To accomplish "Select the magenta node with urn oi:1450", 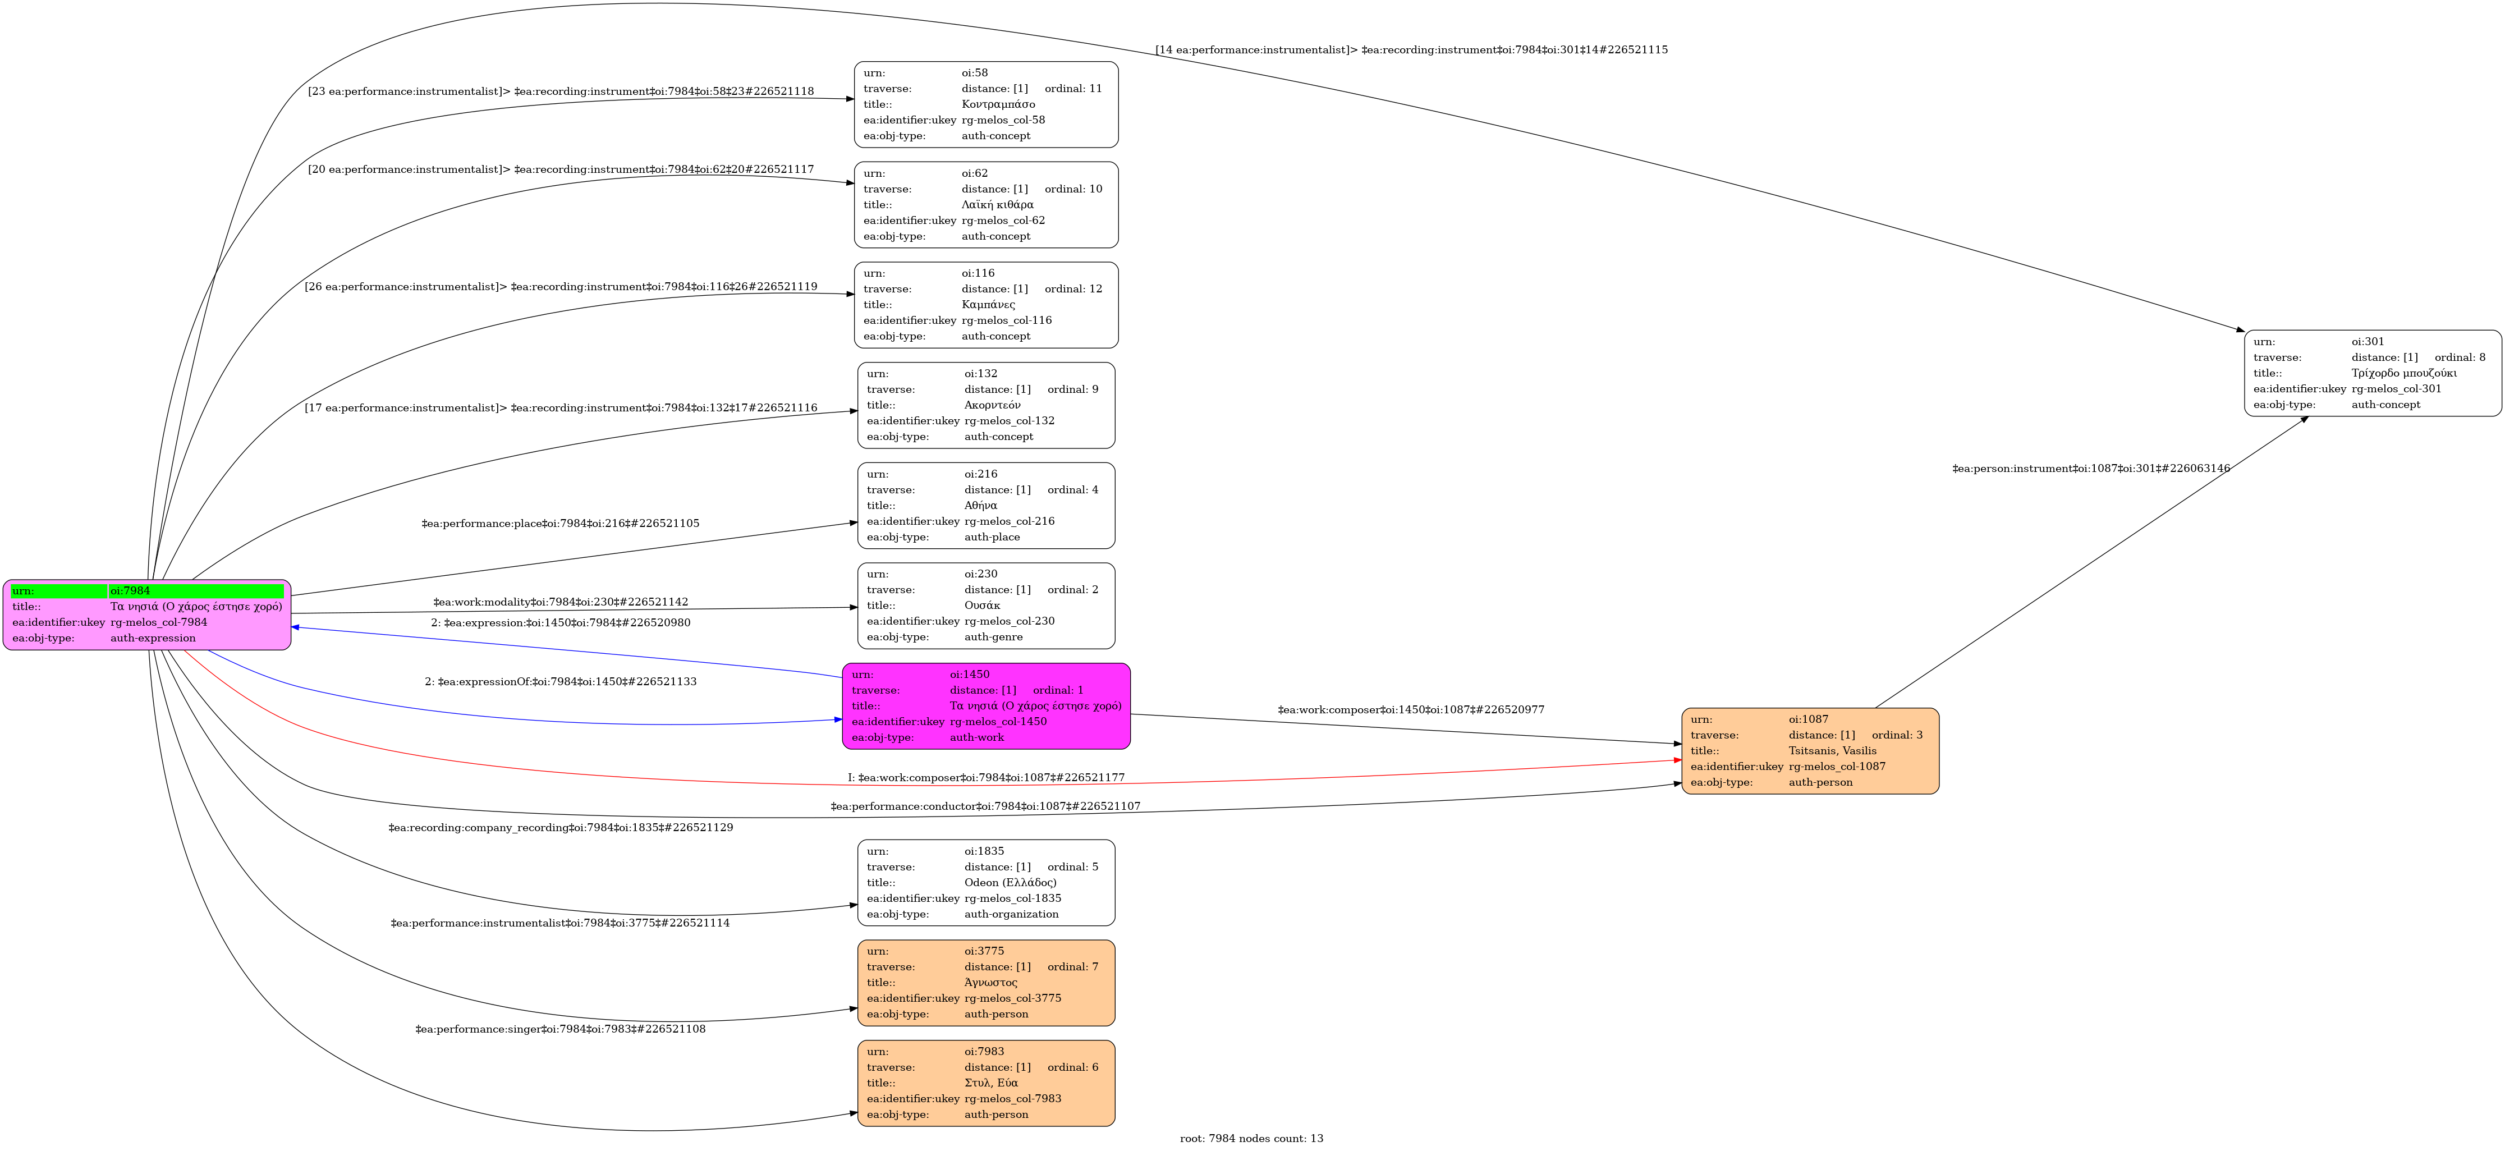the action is click(986, 706).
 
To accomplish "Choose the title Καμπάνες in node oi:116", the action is click(988, 304).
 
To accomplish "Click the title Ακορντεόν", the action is click(992, 405).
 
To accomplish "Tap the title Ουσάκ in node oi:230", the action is click(982, 604).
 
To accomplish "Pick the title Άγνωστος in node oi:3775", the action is click(991, 982).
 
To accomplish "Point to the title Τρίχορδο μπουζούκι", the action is click(2404, 372).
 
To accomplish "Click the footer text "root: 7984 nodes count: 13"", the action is click(1251, 1138).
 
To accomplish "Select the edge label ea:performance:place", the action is click(560, 523).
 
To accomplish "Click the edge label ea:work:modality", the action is click(560, 602).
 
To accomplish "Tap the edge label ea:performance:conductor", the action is click(985, 806).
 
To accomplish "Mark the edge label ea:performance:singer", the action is click(560, 1029).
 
